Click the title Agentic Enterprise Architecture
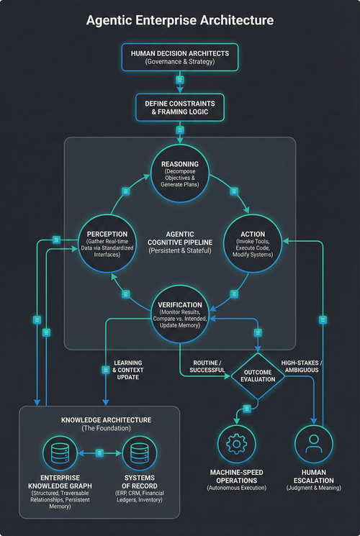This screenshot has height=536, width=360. tap(180, 20)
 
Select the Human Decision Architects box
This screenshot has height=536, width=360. tap(180, 58)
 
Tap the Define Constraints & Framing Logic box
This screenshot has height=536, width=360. tap(180, 108)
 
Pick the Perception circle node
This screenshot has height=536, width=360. tap(107, 242)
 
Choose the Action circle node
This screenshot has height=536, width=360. tap(252, 242)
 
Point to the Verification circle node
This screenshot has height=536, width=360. tap(180, 312)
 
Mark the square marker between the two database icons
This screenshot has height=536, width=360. tap(99, 453)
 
